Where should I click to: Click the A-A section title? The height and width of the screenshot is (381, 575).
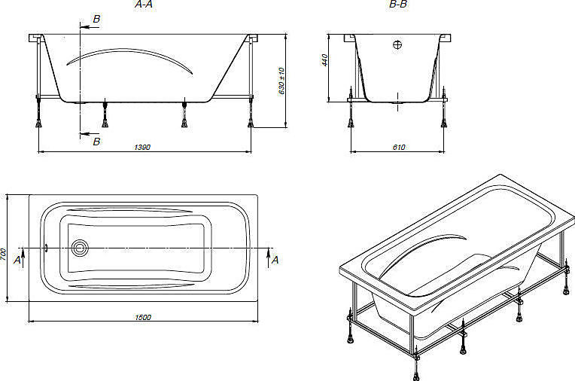[144, 5]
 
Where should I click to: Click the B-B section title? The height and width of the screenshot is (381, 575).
[398, 5]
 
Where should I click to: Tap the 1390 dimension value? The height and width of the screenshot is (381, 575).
[142, 147]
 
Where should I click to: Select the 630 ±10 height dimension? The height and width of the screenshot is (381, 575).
[281, 81]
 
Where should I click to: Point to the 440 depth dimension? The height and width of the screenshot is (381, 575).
[324, 60]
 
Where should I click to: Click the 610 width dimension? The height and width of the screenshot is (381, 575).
[399, 147]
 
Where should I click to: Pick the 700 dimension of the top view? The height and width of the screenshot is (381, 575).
[3, 255]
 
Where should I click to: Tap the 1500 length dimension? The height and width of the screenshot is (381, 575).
[143, 317]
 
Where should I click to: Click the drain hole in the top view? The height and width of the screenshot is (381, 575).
[80, 248]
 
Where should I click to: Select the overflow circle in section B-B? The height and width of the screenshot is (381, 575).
[397, 44]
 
